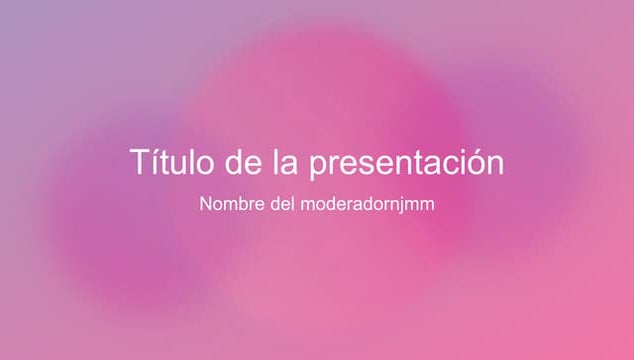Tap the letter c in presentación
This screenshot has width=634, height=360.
click(x=442, y=163)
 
